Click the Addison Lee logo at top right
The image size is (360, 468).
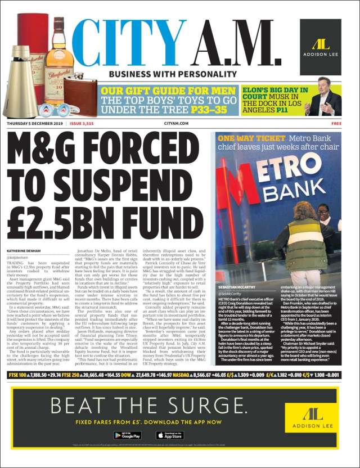click(x=320, y=39)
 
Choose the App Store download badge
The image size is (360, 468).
click(x=169, y=435)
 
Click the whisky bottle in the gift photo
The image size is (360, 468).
click(x=59, y=56)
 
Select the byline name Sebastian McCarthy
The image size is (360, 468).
click(x=238, y=287)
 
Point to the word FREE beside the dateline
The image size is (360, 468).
click(x=336, y=123)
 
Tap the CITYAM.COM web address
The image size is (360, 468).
click(x=180, y=123)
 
